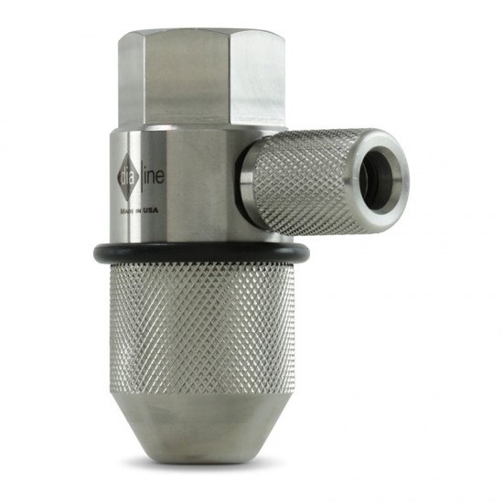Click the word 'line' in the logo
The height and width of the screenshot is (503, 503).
154,175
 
